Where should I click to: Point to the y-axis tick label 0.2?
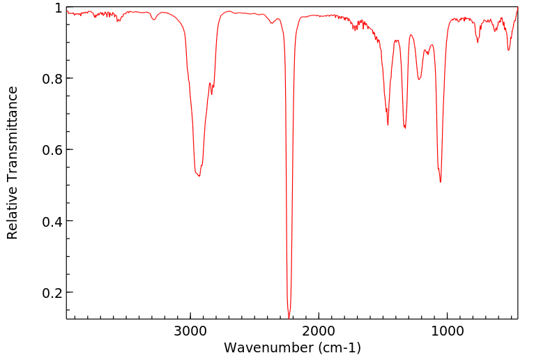52,293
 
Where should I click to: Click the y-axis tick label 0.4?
52,221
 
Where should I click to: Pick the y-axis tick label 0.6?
52,150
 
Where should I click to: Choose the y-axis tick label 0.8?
52,79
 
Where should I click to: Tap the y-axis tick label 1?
59,8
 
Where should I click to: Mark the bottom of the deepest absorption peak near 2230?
289,317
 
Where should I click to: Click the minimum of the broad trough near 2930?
199,176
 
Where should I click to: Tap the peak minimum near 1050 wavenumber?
441,182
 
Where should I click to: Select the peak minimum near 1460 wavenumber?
388,125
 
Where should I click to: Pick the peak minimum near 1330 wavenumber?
405,128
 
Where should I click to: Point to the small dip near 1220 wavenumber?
419,80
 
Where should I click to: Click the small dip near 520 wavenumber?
508,50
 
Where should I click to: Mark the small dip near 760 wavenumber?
478,42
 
